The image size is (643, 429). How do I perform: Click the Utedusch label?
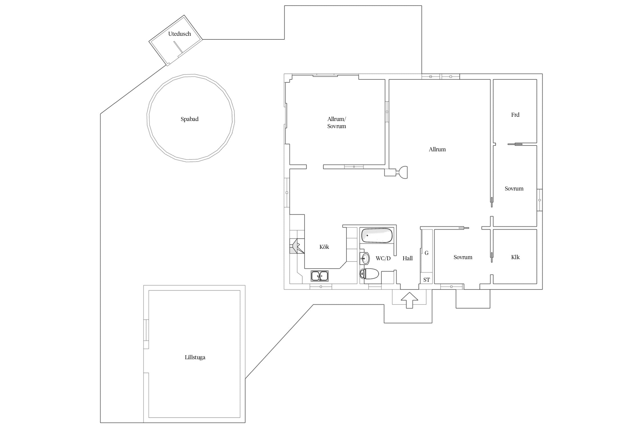click(179, 34)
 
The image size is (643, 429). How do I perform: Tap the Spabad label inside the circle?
click(189, 119)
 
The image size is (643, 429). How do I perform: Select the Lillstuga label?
click(195, 357)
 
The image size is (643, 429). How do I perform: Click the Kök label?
click(324, 247)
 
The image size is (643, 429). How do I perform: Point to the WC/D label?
click(383, 258)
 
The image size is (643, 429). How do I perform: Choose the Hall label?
click(408, 258)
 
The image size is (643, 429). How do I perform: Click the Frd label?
click(515, 115)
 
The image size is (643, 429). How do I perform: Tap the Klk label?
click(515, 257)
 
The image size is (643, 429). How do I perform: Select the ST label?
click(426, 280)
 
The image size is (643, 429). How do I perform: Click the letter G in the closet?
click(427, 253)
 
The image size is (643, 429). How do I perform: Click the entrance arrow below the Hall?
click(409, 300)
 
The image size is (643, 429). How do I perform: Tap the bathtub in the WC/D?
click(377, 235)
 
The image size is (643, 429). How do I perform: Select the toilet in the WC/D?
click(369, 274)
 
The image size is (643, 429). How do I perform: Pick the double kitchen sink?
click(319, 276)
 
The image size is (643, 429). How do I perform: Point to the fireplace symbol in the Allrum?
click(400, 172)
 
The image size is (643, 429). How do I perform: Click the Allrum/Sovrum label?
click(337, 122)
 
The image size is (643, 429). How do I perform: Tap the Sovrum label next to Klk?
click(463, 257)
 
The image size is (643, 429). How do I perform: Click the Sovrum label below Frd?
click(514, 188)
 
